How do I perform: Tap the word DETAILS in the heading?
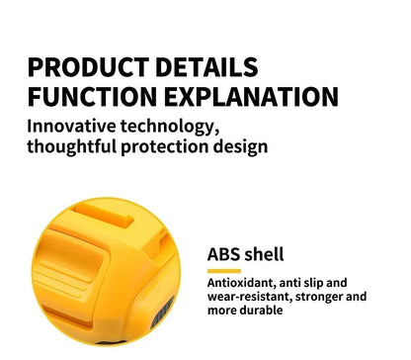coord(209,67)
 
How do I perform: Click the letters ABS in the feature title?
coord(224,254)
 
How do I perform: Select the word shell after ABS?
coord(266,254)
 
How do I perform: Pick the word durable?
coord(261,310)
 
